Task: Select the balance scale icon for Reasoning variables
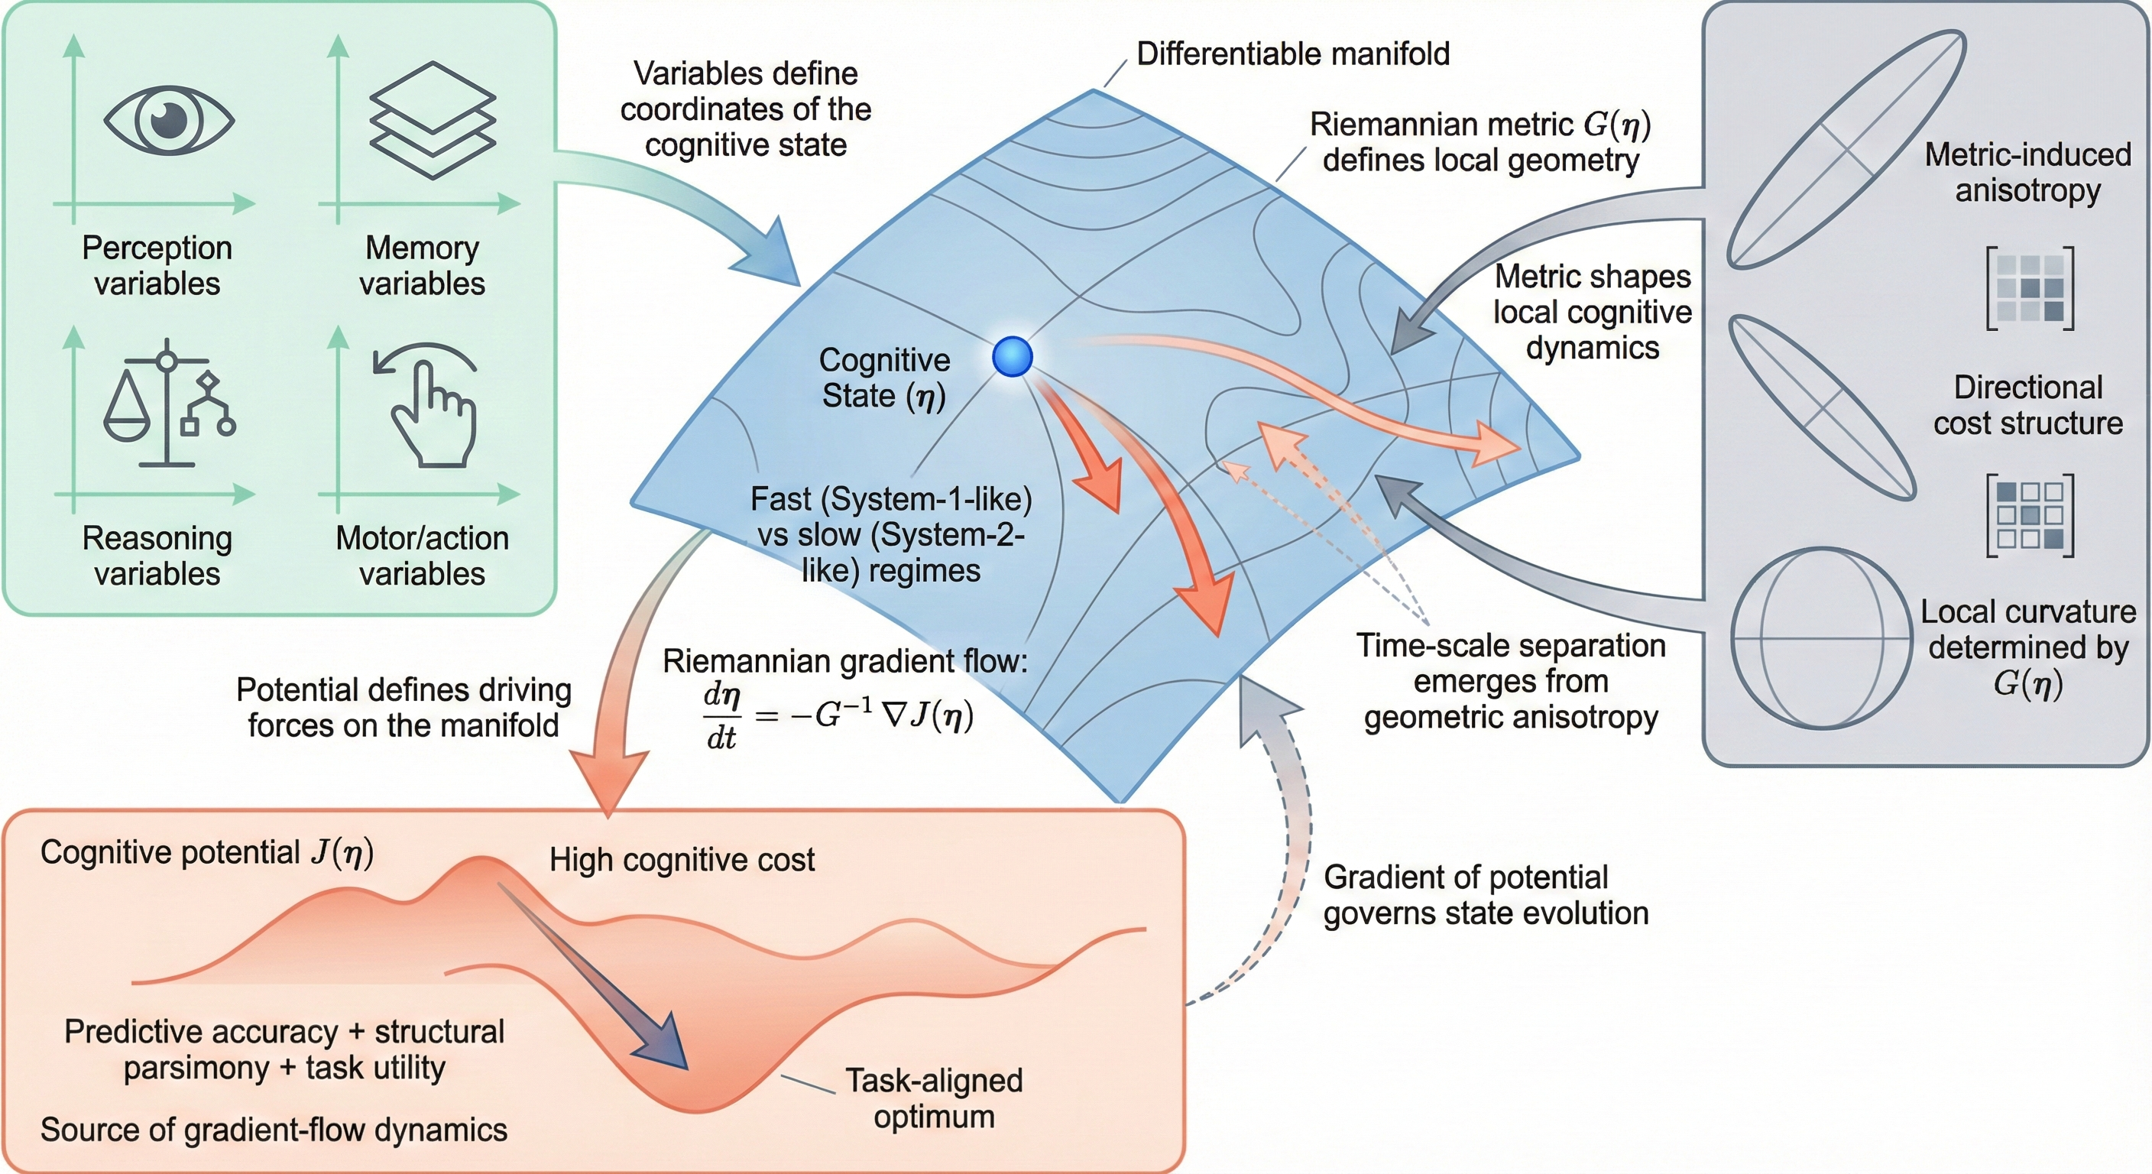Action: click(x=169, y=403)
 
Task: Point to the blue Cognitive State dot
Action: click(x=1013, y=357)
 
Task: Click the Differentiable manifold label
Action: click(x=1292, y=54)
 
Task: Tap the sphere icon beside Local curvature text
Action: click(x=1821, y=637)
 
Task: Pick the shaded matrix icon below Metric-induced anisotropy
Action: click(x=2029, y=288)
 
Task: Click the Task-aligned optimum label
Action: click(x=933, y=1098)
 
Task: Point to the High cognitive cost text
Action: click(x=682, y=860)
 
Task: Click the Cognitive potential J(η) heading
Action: click(x=207, y=852)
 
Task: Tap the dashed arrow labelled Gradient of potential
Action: click(x=1279, y=844)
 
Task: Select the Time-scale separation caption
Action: click(x=1510, y=681)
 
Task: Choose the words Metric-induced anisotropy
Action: click(x=2027, y=172)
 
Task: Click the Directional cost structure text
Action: click(x=2027, y=405)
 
